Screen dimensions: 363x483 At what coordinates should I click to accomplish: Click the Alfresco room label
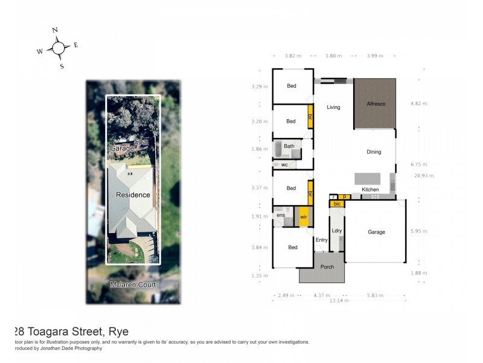click(x=376, y=104)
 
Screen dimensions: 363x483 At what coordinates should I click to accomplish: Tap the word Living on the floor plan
click(x=333, y=108)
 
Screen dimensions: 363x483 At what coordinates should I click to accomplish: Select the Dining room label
click(x=374, y=152)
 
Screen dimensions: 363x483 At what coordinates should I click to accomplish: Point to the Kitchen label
click(x=370, y=190)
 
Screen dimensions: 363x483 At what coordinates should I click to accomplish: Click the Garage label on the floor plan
click(x=376, y=232)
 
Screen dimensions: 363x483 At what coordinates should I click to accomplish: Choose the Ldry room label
click(x=336, y=231)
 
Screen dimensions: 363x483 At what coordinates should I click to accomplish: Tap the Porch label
click(x=327, y=267)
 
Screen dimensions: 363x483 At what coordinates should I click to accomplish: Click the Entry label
click(x=321, y=240)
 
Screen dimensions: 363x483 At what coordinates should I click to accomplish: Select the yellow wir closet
click(x=304, y=217)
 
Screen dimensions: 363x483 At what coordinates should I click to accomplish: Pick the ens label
click(x=281, y=215)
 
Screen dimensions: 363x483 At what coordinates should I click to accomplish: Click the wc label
click(x=284, y=165)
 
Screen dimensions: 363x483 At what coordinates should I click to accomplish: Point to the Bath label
click(x=289, y=146)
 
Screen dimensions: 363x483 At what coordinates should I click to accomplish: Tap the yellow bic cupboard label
click(x=337, y=204)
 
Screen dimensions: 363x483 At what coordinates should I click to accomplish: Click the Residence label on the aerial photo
click(x=133, y=195)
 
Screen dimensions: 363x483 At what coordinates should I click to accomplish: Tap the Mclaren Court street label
click(x=133, y=284)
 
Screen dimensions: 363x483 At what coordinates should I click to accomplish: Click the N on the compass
click(x=55, y=30)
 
